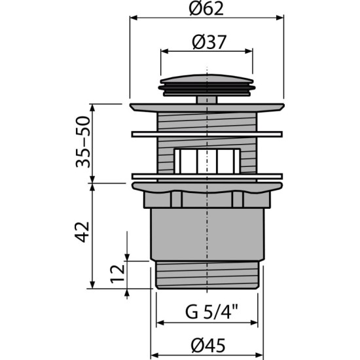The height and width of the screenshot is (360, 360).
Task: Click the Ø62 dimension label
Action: (x=206, y=9)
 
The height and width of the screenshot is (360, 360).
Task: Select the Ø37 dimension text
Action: (x=209, y=43)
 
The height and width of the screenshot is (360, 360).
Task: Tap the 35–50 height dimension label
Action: (x=83, y=142)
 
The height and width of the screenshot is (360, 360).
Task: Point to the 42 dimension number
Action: (x=82, y=232)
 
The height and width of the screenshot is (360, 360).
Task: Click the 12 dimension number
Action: (x=118, y=274)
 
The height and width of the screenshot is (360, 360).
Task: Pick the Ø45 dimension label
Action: (x=208, y=346)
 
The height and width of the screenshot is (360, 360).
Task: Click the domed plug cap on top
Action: (x=207, y=85)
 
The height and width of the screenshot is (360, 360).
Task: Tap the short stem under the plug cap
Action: (x=207, y=100)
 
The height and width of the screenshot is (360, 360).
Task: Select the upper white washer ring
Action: (x=207, y=134)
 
